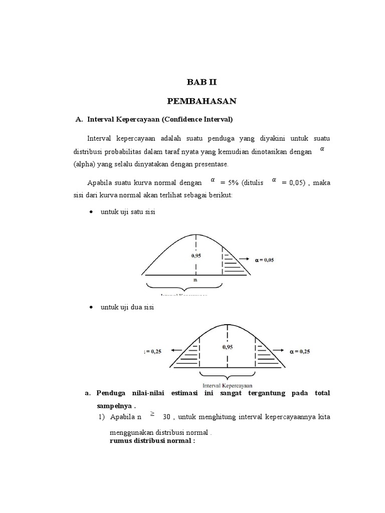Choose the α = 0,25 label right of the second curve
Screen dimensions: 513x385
click(x=300, y=351)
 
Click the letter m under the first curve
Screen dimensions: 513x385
click(x=195, y=280)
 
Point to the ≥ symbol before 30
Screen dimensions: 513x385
click(x=152, y=414)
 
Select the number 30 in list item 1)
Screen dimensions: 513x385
click(x=167, y=416)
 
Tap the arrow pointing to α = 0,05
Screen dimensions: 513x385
click(x=245, y=259)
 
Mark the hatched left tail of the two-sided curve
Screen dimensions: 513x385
click(x=189, y=355)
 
